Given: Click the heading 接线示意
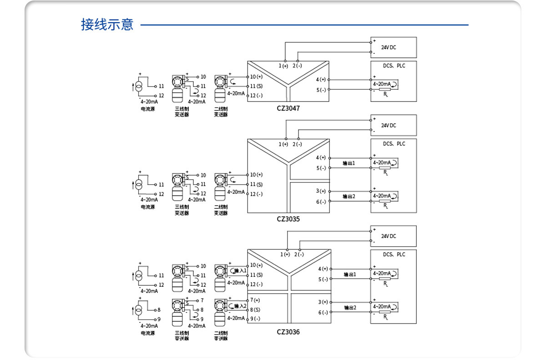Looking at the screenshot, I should click(x=107, y=25).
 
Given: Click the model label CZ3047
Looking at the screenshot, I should click(x=288, y=108).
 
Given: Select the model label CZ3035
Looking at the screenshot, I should click(x=288, y=218).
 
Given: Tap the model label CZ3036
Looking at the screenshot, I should click(x=288, y=332).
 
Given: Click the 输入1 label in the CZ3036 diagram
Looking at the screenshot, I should click(x=240, y=271).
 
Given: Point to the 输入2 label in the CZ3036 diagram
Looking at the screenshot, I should click(x=240, y=306).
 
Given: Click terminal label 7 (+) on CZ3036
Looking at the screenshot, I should click(x=255, y=300).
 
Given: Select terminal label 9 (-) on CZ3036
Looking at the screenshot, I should click(x=255, y=319).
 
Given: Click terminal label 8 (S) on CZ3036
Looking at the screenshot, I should click(x=255, y=309).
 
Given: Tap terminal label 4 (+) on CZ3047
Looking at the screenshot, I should click(x=321, y=80).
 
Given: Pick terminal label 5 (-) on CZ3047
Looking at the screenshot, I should click(x=321, y=90).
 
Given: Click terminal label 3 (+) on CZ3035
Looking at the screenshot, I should click(x=321, y=191).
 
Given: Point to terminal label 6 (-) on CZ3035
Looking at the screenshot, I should click(x=321, y=202).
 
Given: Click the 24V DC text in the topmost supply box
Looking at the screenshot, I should click(x=389, y=47).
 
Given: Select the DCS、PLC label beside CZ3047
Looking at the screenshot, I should click(x=394, y=66).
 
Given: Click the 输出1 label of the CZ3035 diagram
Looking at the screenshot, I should click(x=349, y=162).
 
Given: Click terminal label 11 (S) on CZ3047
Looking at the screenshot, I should click(x=256, y=86).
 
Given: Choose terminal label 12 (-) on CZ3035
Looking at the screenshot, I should click(x=256, y=194).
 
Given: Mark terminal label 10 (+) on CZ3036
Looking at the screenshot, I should click(x=256, y=265).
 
